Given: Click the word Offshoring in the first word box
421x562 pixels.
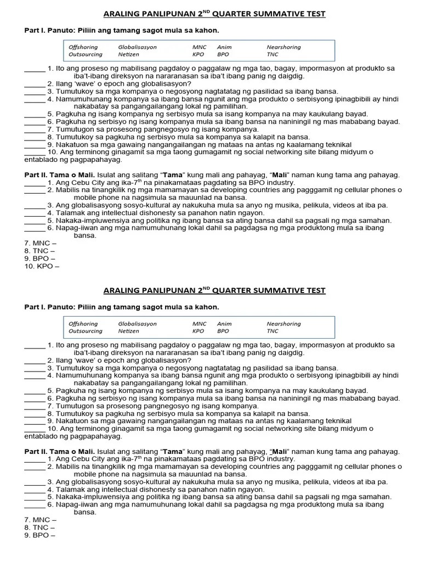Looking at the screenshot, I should [83, 47].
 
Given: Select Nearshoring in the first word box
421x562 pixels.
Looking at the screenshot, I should [283, 47].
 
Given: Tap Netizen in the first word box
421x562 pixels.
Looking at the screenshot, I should [129, 55].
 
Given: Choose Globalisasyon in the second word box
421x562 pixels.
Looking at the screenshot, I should [137, 324].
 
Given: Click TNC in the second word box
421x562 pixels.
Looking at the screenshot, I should [273, 331].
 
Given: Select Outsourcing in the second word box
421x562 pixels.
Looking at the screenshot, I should [85, 331].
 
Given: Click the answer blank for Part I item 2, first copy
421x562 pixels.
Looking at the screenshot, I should [35, 85].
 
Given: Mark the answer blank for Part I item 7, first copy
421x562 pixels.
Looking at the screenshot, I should [35, 130].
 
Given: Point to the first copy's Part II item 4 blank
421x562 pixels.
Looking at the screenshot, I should [35, 214].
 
